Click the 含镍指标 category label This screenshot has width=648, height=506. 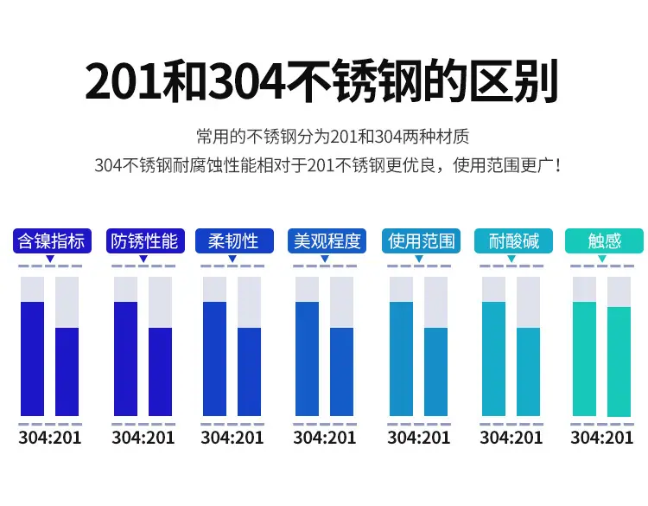click(x=52, y=240)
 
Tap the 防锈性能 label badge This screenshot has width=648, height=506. click(x=145, y=240)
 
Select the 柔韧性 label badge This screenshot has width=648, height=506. click(x=234, y=240)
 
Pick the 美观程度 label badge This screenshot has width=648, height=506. click(x=327, y=240)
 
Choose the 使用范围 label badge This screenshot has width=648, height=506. click(x=421, y=240)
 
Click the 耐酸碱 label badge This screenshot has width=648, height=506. click(x=514, y=240)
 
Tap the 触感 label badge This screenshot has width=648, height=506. click(x=604, y=240)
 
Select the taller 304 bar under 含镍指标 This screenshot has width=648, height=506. click(x=32, y=359)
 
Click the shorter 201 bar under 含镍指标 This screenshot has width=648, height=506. click(x=67, y=372)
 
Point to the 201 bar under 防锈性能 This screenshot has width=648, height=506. click(x=161, y=372)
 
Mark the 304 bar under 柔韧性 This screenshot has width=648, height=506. click(x=214, y=359)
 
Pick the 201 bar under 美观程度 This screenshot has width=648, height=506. click(x=342, y=372)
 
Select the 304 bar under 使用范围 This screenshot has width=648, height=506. click(x=401, y=359)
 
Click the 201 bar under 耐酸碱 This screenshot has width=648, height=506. click(x=528, y=372)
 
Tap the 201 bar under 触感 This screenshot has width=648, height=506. click(x=619, y=362)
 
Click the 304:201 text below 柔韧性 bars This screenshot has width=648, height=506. click(x=232, y=438)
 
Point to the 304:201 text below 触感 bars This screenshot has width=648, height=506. click(x=601, y=438)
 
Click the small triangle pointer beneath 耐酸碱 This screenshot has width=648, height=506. click(x=511, y=259)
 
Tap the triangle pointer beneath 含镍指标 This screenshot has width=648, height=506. click(x=50, y=259)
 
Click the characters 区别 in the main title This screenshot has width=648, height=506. click(x=515, y=81)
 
